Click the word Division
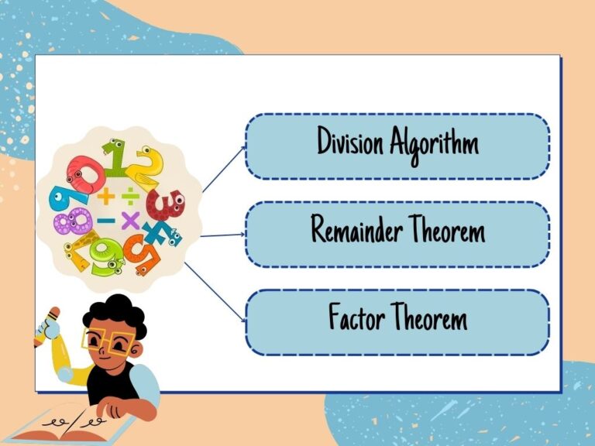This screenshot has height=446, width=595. point(350,141)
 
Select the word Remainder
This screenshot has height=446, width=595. point(356,228)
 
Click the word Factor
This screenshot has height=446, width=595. point(356,316)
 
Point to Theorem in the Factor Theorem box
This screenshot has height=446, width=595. point(429,316)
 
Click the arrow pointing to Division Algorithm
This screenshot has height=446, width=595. point(224,169)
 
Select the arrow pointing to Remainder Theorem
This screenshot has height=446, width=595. point(223,235)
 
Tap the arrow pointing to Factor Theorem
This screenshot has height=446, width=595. point(215,293)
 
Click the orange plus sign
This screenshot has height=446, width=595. point(106,197)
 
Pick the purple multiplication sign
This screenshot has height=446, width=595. point(130,221)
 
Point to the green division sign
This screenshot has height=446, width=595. point(130,196)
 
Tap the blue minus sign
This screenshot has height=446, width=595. point(106,221)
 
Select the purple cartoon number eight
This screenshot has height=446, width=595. point(73,221)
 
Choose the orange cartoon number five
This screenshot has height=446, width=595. point(144,254)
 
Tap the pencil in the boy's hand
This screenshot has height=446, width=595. point(46,327)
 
